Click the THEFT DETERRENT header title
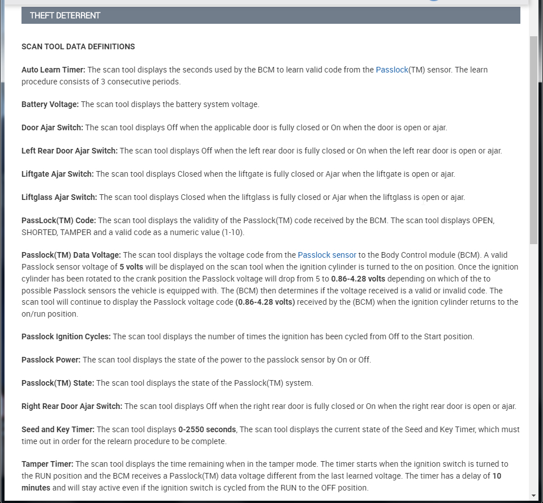(65, 15)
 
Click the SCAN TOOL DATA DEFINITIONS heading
(78, 46)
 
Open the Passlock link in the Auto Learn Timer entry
(391, 70)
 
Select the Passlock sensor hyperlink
(327, 255)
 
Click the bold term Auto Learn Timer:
(53, 70)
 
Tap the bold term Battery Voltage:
(50, 104)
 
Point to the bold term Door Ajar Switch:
(52, 127)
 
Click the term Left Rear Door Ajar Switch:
(70, 151)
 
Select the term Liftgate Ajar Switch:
(58, 174)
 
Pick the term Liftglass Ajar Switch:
(59, 197)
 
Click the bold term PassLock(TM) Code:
(59, 220)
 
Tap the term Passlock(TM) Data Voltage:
(71, 255)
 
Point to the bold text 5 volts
(131, 267)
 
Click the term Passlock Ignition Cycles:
(66, 336)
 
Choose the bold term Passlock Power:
(51, 360)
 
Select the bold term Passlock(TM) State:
(58, 383)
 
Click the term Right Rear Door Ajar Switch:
(72, 406)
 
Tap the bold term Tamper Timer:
(48, 464)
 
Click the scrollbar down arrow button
(533, 496)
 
